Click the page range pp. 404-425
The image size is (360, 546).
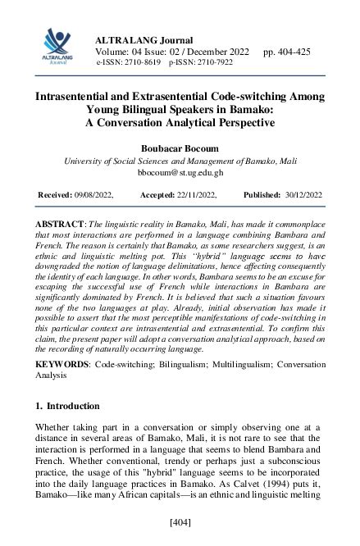[x=286, y=52]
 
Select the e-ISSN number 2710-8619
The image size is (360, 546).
[x=143, y=62]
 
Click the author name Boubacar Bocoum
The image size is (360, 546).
[x=180, y=149]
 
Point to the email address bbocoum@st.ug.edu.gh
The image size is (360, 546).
[x=180, y=173]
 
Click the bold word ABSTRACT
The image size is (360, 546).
[x=59, y=224]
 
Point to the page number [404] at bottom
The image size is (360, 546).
[x=180, y=521]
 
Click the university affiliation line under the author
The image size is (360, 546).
[x=180, y=162]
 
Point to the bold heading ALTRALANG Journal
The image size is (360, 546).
[x=144, y=40]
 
